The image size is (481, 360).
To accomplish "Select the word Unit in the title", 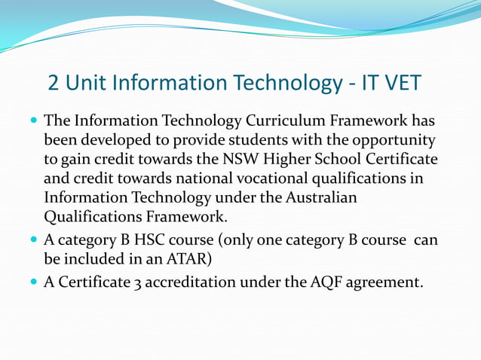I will (x=87, y=82).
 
